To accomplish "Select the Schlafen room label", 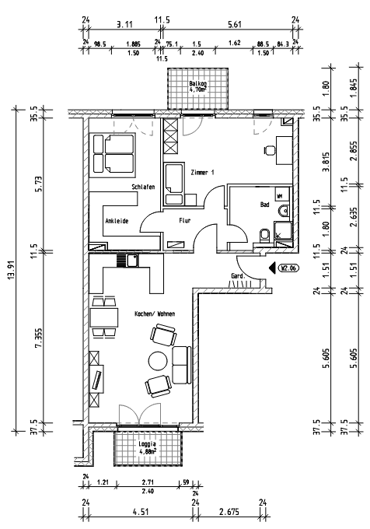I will click(144, 187).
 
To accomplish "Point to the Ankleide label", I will click(117, 221).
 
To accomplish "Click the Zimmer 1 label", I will click(201, 171).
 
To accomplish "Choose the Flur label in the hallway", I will click(185, 221).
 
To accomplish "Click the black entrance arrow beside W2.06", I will click(272, 269).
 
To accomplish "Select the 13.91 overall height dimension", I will click(10, 272).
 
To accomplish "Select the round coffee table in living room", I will click(159, 361).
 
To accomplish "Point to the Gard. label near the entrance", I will click(239, 276).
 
